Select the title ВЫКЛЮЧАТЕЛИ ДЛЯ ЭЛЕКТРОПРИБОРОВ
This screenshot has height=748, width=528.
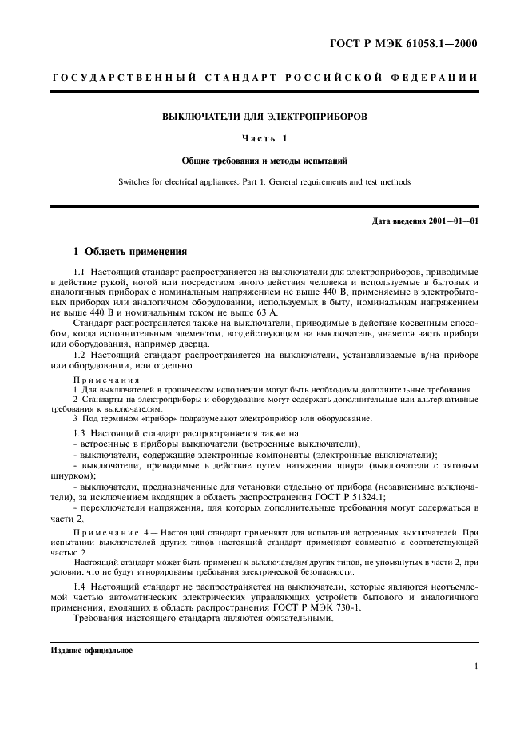coord(264,117)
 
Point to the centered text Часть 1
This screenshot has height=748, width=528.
coord(264,138)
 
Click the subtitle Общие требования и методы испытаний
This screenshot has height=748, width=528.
coord(264,160)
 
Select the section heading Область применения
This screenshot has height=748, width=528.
coord(136,252)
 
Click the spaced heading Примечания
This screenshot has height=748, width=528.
coord(106,380)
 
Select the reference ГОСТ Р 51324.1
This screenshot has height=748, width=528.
coord(349,495)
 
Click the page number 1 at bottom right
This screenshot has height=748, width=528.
coord(475,666)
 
